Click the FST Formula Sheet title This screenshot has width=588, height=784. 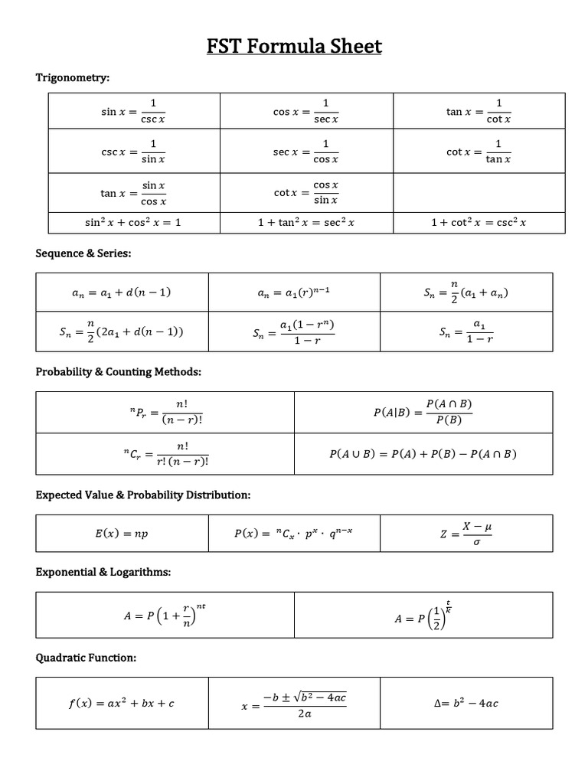pyautogui.click(x=294, y=47)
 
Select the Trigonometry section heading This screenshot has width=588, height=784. pyautogui.click(x=73, y=77)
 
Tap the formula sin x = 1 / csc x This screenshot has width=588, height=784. pyautogui.click(x=133, y=111)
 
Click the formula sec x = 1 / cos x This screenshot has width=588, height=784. pyautogui.click(x=306, y=152)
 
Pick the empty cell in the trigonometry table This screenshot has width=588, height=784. pyautogui.click(x=479, y=193)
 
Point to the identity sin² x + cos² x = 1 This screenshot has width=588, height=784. pyautogui.click(x=133, y=223)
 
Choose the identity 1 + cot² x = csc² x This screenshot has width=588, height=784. pyautogui.click(x=479, y=223)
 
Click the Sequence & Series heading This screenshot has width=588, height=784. pyautogui.click(x=84, y=253)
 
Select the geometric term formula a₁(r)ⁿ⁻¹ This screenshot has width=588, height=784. pyautogui.click(x=295, y=292)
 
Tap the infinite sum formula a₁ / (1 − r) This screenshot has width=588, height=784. pyautogui.click(x=466, y=332)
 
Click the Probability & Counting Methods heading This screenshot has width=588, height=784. pyautogui.click(x=119, y=371)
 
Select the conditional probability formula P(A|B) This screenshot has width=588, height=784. pyautogui.click(x=423, y=412)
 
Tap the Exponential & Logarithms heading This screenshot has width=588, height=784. pyautogui.click(x=103, y=572)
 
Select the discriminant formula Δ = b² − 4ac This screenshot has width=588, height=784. pyautogui.click(x=465, y=703)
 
